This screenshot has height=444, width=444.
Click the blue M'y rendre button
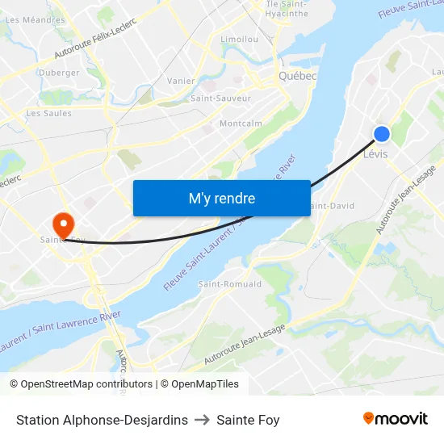tap(221, 198)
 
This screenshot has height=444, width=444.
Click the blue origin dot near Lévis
tap(382, 134)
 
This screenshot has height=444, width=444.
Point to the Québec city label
tap(297, 76)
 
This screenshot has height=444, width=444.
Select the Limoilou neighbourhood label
tap(239, 39)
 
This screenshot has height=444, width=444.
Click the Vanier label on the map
tap(181, 81)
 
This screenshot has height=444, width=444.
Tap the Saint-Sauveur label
tap(220, 98)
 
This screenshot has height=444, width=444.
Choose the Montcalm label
tap(241, 124)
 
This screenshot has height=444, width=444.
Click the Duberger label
tap(59, 73)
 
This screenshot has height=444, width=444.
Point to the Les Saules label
tap(48, 113)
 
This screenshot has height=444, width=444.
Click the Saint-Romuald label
tap(230, 284)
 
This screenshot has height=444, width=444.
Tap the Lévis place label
tap(377, 153)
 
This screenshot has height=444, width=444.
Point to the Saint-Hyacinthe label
tap(287, 9)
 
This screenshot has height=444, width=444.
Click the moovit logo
tap(395, 419)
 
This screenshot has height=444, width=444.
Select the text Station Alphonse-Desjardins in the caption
tap(102, 420)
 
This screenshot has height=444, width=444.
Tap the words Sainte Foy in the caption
tap(247, 420)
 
